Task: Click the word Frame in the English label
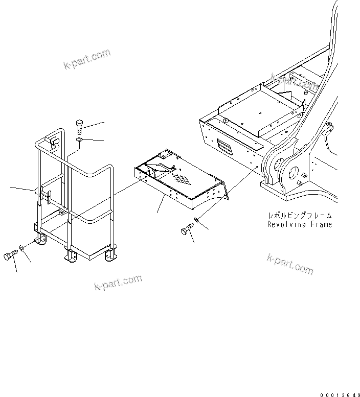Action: point(321,224)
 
